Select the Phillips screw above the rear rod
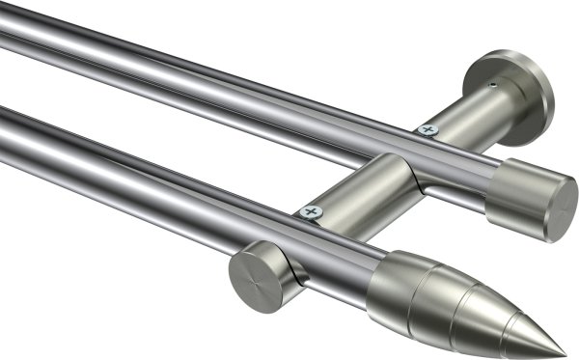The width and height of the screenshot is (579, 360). (x=427, y=128)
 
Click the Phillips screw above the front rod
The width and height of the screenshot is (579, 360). (x=309, y=211)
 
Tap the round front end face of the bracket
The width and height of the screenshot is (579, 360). (x=253, y=275)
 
